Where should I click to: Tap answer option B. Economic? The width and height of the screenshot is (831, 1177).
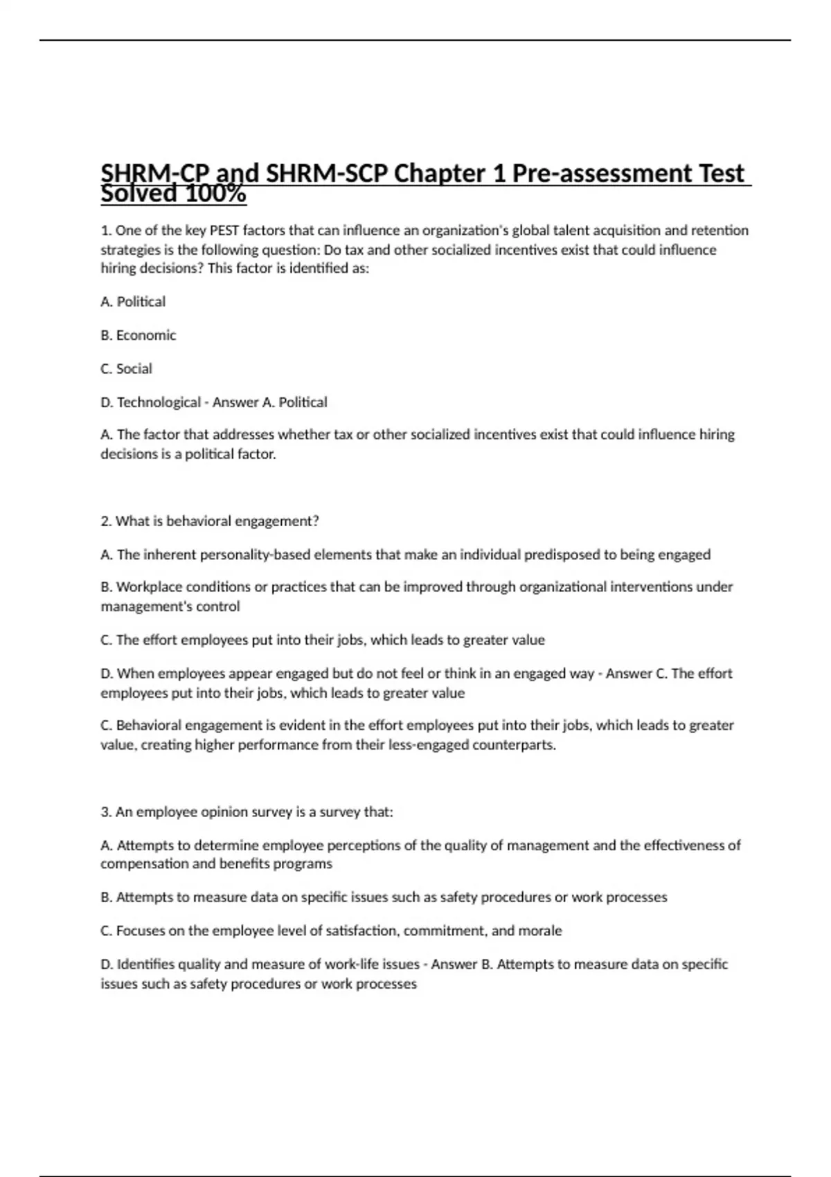pos(138,335)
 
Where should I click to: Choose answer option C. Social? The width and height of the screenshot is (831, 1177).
pos(126,368)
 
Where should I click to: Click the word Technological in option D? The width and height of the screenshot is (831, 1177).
pos(159,402)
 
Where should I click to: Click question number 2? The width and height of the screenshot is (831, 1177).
pos(106,521)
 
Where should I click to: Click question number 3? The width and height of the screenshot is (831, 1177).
pos(106,812)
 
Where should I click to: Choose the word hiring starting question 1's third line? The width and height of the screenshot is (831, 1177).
pos(118,269)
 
